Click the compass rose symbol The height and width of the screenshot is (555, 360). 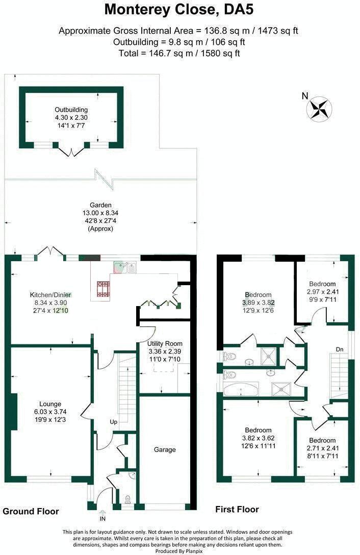[319, 108]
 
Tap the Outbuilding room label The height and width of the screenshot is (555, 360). [71, 110]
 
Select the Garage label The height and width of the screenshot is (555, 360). [165, 449]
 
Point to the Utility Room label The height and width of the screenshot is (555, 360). [165, 344]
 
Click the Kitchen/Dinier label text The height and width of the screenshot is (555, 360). [50, 294]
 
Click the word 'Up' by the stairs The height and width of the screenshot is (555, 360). [114, 422]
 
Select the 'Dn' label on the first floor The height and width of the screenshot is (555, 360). [340, 349]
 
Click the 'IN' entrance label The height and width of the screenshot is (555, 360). [102, 519]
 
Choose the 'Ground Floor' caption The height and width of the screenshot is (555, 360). [31, 512]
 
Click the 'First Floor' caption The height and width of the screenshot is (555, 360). [237, 509]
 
